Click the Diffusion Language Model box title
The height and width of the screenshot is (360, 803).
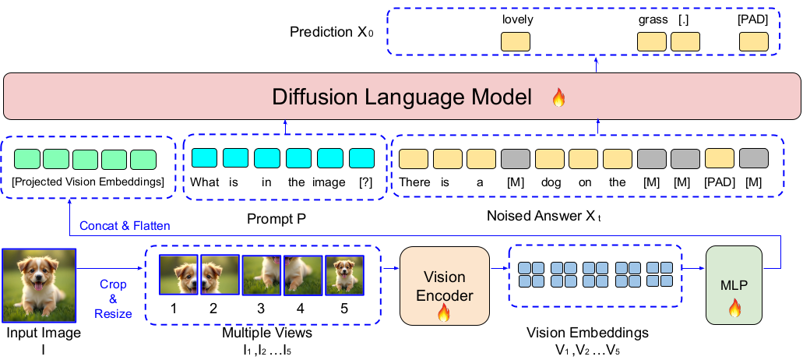401,97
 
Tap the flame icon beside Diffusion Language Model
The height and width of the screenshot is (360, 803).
558,98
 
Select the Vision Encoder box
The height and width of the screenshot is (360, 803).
444,286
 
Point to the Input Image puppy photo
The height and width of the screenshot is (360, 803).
39,285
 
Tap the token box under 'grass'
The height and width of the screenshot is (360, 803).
652,42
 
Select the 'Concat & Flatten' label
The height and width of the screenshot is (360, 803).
125,225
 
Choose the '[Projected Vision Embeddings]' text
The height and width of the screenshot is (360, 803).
88,182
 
